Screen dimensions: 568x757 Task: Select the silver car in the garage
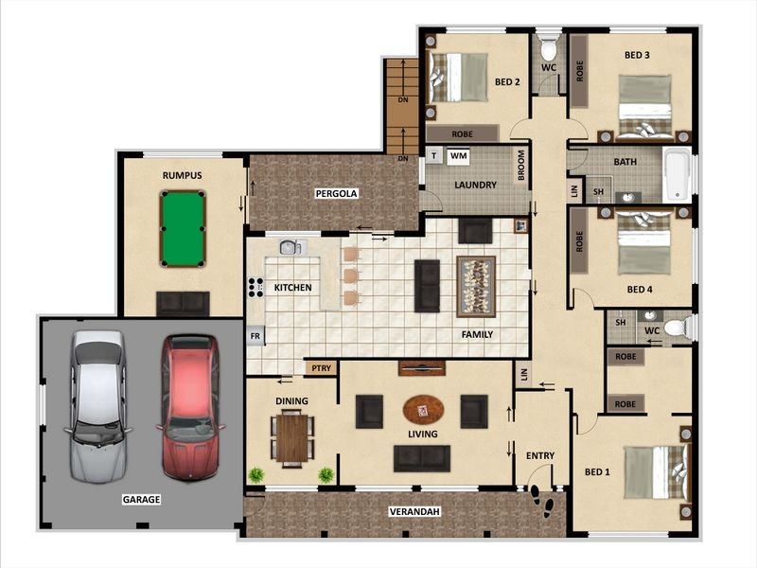click(97, 405)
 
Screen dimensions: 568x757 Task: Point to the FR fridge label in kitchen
click(255, 336)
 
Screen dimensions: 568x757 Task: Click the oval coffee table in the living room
click(422, 410)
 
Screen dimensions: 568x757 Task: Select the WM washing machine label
click(459, 155)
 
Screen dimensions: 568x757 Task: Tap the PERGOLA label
click(336, 193)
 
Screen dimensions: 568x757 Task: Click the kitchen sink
click(290, 248)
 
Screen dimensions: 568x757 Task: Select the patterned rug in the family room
click(476, 286)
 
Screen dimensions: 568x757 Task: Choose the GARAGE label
click(140, 499)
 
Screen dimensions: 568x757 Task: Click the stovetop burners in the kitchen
click(254, 288)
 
